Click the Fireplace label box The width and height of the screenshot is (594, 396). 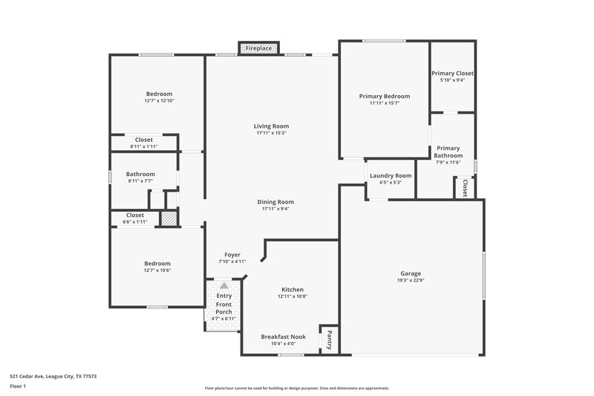pyautogui.click(x=259, y=48)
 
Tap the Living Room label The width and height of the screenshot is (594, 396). pyautogui.click(x=271, y=126)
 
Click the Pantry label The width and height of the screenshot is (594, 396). pyautogui.click(x=329, y=340)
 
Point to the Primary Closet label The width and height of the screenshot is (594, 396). pyautogui.click(x=452, y=74)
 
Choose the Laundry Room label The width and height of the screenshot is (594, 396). pyautogui.click(x=391, y=175)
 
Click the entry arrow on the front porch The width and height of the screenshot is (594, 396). pyautogui.click(x=223, y=285)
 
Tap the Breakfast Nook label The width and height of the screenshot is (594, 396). pyautogui.click(x=283, y=337)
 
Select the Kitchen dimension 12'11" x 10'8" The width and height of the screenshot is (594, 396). pyautogui.click(x=292, y=296)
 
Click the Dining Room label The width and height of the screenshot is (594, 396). pyautogui.click(x=275, y=202)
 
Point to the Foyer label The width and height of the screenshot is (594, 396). pyautogui.click(x=232, y=255)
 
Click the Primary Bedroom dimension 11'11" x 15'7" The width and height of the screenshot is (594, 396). pyautogui.click(x=384, y=103)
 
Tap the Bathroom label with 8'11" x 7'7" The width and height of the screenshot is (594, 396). pyautogui.click(x=140, y=174)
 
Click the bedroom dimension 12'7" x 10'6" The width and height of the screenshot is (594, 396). pyautogui.click(x=157, y=270)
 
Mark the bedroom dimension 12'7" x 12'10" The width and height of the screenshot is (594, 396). pyautogui.click(x=159, y=100)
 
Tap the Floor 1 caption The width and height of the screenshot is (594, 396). pyautogui.click(x=18, y=386)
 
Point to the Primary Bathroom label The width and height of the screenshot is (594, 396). pyautogui.click(x=448, y=152)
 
